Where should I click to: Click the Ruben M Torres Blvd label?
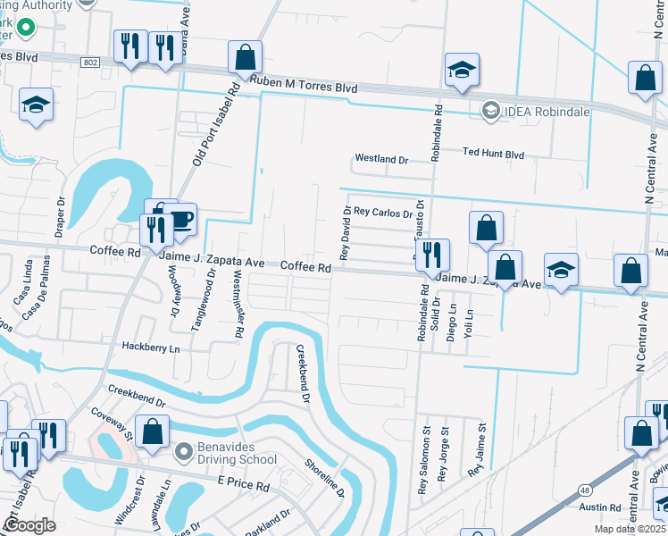(x=304, y=88)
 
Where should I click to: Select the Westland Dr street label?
(x=380, y=159)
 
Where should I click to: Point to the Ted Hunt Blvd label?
(x=493, y=154)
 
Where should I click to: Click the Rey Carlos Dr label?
(x=383, y=214)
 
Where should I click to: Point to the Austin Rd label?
(x=598, y=507)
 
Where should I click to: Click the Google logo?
(x=29, y=525)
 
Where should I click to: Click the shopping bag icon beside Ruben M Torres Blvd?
(x=244, y=58)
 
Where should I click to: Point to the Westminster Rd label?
(x=238, y=305)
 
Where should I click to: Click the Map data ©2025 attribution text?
(x=625, y=529)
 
